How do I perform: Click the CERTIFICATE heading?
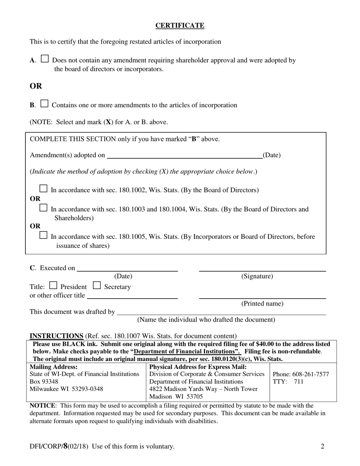coord(180,25)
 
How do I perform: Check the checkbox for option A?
coord(45,59)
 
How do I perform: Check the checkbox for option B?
coord(44,103)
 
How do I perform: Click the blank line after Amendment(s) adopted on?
coord(184,155)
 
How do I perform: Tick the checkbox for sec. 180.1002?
coord(44,188)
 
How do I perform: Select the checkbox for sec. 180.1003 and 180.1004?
coord(44,208)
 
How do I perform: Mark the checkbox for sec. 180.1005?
coord(44,235)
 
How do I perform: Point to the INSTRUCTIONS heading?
coord(56,336)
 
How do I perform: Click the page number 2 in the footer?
coord(322,446)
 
